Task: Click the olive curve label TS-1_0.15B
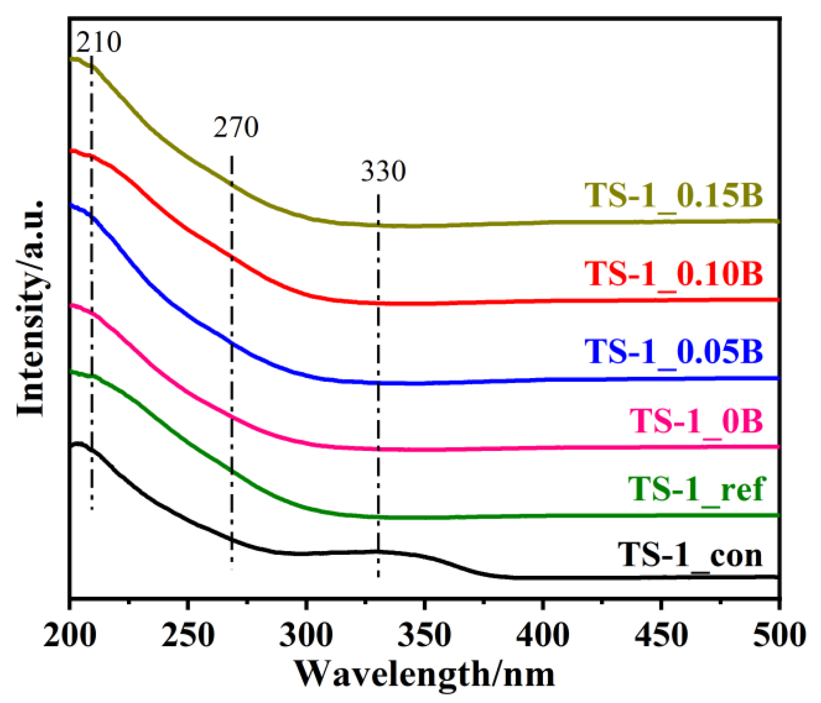(674, 196)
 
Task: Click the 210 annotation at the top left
(99, 42)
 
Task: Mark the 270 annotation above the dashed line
(236, 128)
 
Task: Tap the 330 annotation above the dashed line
(383, 172)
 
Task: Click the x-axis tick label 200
(70, 635)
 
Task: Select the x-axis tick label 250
(188, 635)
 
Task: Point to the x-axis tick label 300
(306, 635)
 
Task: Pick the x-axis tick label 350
(424, 635)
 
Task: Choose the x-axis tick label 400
(543, 635)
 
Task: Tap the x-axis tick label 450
(661, 635)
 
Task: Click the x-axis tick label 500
(779, 635)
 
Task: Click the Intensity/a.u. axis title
(31, 309)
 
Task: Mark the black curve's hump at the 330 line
(378, 551)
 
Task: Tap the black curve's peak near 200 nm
(77, 444)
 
